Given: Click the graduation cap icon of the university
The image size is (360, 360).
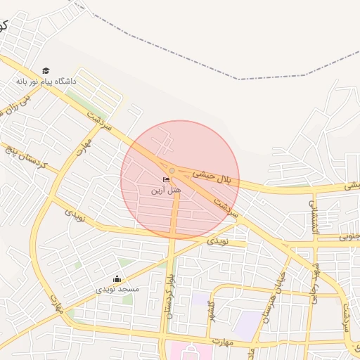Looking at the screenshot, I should click(x=46, y=71).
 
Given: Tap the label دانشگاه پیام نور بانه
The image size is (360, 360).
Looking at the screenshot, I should click(x=46, y=82).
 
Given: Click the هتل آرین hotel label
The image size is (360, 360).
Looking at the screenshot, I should click(x=168, y=190).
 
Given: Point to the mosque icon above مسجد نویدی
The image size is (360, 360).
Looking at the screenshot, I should click(x=117, y=279).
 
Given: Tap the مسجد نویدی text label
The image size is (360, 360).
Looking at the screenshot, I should click(x=118, y=289).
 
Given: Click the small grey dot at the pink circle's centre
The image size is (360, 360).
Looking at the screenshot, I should click(x=172, y=170).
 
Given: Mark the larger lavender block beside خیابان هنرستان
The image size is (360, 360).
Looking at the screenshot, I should click(x=247, y=324).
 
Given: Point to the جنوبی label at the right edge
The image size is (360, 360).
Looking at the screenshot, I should click(x=349, y=236).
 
